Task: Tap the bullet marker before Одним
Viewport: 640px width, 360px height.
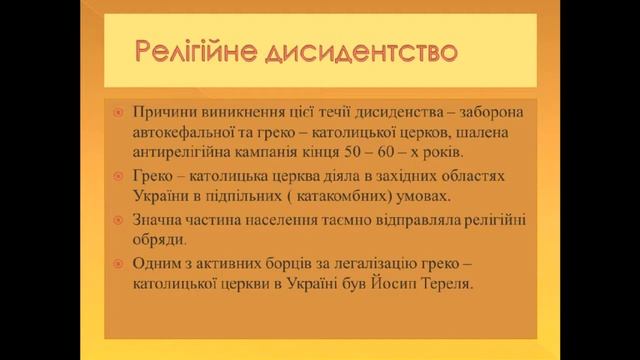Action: pos(118,265)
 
